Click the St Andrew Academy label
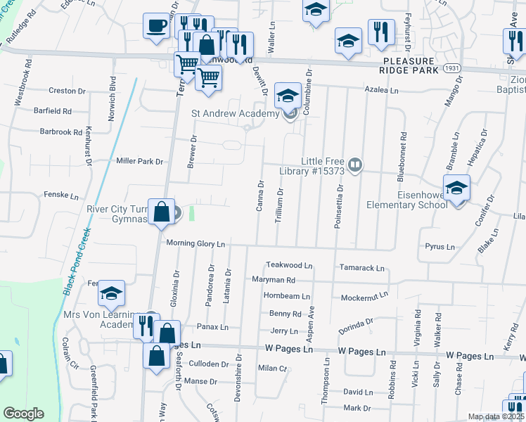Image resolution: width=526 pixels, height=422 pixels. (235, 113)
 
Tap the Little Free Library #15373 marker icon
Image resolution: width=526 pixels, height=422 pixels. (356, 166)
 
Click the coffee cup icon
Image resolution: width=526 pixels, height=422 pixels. (156, 26)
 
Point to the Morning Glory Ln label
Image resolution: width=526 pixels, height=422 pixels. (195, 243)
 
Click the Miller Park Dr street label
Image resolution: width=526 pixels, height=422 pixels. (140, 161)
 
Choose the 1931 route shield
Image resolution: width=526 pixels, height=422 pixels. (451, 68)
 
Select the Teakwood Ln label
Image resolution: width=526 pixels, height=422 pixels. (288, 265)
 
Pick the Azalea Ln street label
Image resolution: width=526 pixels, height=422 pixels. (381, 90)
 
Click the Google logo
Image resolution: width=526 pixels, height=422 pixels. (23, 413)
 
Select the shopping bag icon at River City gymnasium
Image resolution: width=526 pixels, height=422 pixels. (161, 212)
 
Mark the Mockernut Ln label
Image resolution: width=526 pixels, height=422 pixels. (364, 298)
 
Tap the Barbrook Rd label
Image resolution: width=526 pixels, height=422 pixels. (61, 132)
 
